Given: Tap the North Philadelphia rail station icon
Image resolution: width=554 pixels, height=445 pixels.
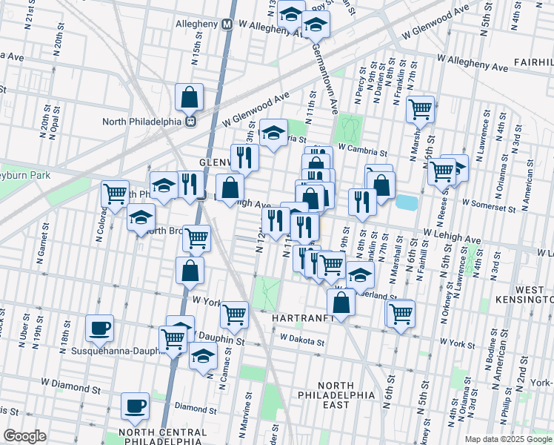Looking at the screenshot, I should pos(190,121).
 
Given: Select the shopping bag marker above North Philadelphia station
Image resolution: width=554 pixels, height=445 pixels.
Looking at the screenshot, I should pos(190,97).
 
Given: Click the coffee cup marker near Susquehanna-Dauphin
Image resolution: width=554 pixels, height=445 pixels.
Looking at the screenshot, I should pos(99,327).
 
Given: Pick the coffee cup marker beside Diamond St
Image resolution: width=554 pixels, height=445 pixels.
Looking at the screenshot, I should pos(134,406).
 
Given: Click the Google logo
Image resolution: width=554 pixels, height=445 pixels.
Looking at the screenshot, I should pos(24,436).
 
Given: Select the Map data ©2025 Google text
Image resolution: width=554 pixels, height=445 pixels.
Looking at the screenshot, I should pos(507,439).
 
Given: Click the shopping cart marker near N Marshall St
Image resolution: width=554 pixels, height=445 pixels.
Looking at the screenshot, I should pos(420,110).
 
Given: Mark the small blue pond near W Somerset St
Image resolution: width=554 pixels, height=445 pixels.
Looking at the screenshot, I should pos(405,202).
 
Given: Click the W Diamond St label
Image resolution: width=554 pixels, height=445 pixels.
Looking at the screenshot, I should pos(70,387).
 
